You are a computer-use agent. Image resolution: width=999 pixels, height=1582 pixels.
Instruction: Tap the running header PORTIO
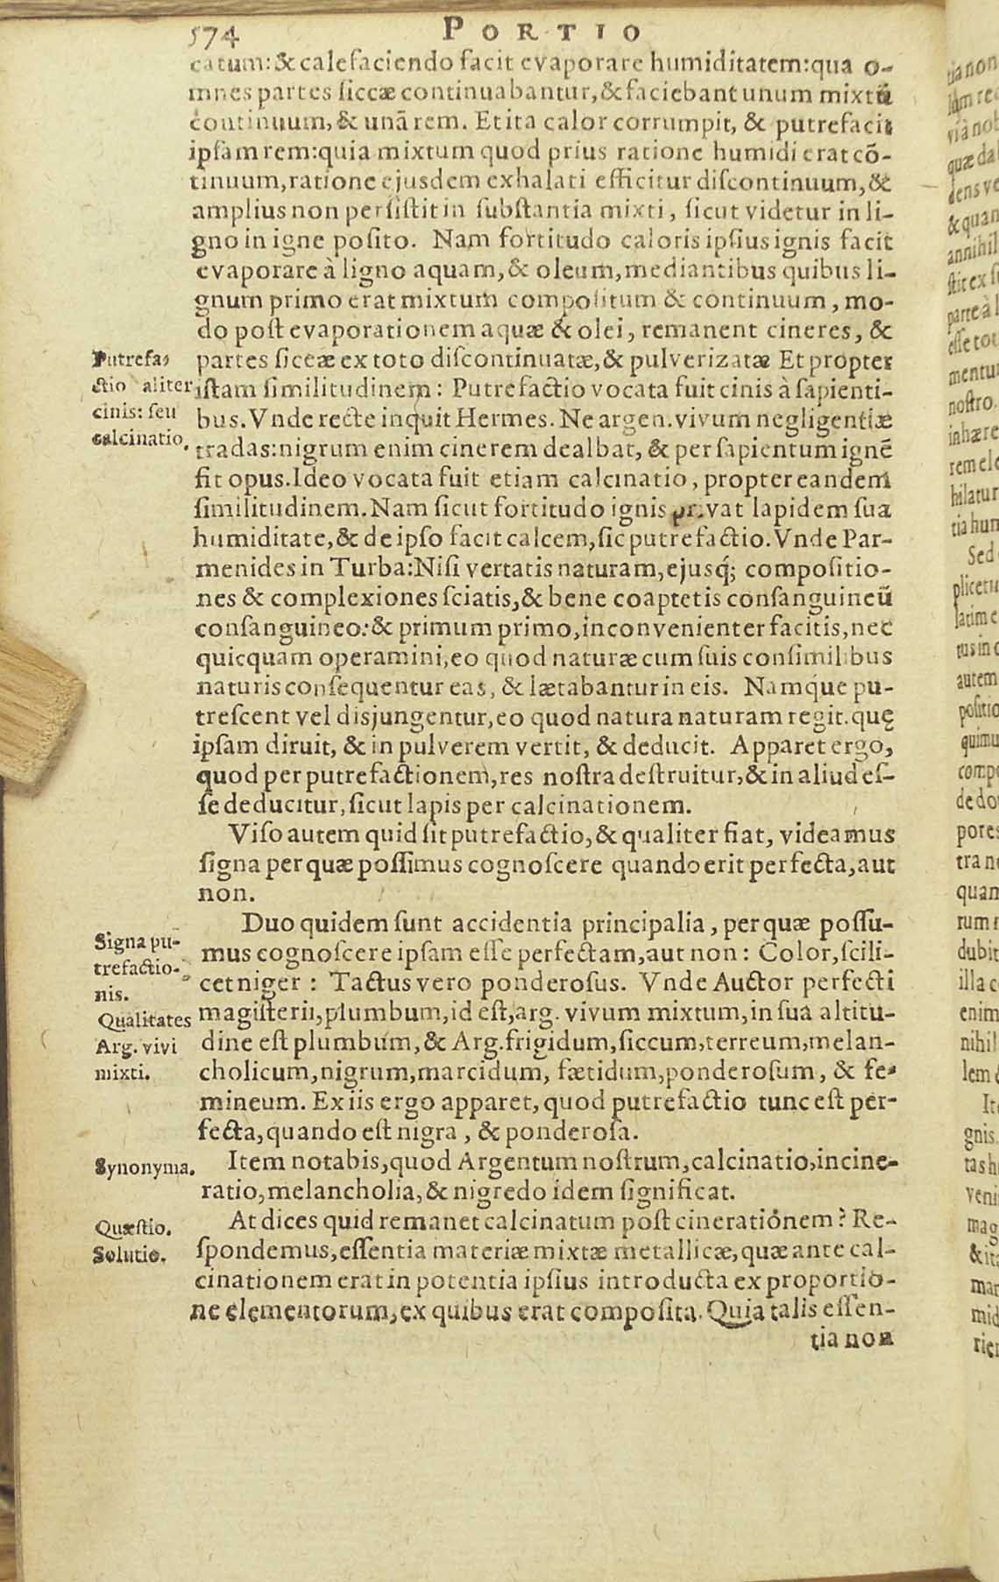[x=543, y=32]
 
